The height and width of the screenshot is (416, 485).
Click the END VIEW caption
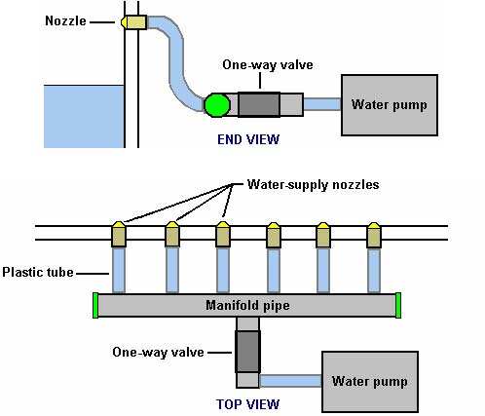[x=248, y=139]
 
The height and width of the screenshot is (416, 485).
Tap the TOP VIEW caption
[x=247, y=404]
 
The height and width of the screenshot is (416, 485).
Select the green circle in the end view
[x=217, y=105]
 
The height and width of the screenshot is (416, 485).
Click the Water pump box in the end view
[x=390, y=105]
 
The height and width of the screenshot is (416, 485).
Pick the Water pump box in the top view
[x=370, y=382]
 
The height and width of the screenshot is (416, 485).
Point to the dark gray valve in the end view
[x=259, y=104]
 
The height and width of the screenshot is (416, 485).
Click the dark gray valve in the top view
[x=247, y=352]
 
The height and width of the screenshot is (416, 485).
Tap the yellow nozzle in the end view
[x=133, y=22]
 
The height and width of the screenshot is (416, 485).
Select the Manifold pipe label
[x=247, y=306]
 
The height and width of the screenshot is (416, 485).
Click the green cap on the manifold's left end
[x=95, y=305]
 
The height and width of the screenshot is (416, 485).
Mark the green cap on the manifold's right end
[x=398, y=305]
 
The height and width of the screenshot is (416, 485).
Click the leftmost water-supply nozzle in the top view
[x=119, y=235]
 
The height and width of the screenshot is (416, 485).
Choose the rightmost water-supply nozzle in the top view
[x=374, y=235]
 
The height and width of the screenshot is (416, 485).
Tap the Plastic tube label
[x=38, y=272]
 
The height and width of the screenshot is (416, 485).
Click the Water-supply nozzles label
[x=313, y=184]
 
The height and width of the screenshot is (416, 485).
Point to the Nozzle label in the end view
[x=65, y=21]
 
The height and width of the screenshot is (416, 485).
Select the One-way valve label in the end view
[x=268, y=65]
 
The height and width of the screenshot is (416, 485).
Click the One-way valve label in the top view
[x=158, y=352]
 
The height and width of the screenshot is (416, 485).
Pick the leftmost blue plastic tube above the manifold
[x=119, y=271]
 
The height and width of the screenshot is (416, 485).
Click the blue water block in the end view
[x=84, y=117]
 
